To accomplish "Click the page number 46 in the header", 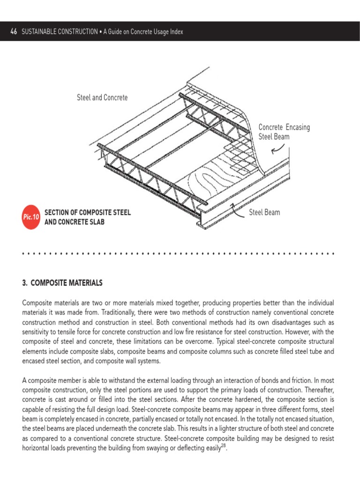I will (14, 31).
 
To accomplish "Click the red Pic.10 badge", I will (31, 217).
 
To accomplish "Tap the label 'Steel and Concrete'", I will (102, 98).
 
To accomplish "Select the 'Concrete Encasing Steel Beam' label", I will (284, 132).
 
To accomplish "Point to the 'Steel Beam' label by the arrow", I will (264, 212).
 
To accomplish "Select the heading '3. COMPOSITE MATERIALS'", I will (62, 283).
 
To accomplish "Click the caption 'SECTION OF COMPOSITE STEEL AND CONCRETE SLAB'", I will (87, 217).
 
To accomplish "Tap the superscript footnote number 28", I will (225, 446).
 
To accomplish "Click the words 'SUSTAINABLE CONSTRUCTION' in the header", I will (60, 31).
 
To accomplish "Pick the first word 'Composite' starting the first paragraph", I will (37, 302).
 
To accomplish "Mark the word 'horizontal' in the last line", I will (38, 449).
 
